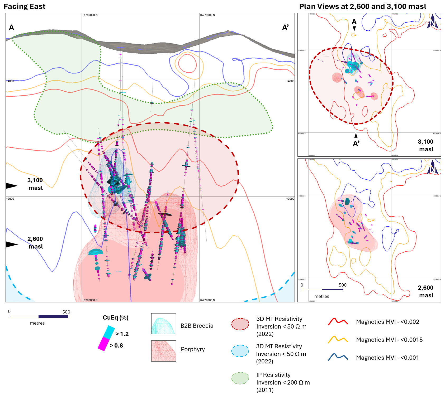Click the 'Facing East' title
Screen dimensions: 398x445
point(25,7)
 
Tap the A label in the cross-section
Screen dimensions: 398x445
point(11,27)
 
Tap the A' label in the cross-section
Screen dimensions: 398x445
point(285,27)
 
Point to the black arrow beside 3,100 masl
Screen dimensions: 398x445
point(11,186)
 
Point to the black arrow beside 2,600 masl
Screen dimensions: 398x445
point(11,245)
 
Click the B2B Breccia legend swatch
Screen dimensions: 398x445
point(163,324)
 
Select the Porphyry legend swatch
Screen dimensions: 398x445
point(163,351)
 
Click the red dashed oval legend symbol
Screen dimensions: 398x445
point(240,324)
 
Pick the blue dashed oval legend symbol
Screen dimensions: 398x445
point(240,351)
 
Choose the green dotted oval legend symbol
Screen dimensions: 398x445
point(240,378)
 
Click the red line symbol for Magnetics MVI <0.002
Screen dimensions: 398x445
point(338,322)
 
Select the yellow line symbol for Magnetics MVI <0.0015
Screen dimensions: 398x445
point(338,340)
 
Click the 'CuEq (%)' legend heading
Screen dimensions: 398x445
point(115,318)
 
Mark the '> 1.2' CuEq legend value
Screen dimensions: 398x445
point(122,334)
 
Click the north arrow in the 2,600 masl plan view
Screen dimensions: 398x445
point(432,167)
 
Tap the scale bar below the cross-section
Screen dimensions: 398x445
point(39,317)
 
